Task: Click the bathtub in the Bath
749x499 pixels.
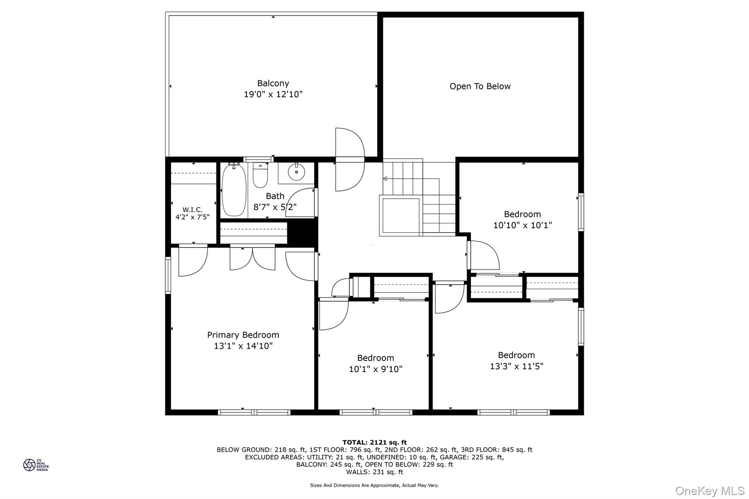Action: tap(234, 190)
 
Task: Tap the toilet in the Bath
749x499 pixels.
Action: tap(260, 175)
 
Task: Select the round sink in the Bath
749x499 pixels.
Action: tap(296, 172)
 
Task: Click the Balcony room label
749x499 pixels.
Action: tap(273, 83)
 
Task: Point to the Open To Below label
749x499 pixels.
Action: tap(480, 86)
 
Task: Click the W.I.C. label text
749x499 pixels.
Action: tap(192, 210)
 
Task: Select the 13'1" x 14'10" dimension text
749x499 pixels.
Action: tap(243, 346)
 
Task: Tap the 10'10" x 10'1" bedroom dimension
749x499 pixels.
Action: tap(522, 225)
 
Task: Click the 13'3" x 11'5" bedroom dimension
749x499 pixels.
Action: tap(516, 366)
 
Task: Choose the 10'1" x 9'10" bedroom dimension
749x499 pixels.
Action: tap(376, 369)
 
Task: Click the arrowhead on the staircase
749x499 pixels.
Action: tap(385, 179)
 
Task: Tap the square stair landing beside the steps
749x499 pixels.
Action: tap(401, 215)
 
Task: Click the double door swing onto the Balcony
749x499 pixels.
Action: tap(350, 159)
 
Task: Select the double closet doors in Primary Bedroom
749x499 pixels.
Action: tap(252, 258)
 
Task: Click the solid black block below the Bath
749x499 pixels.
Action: tap(302, 233)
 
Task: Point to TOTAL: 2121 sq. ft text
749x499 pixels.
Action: tap(374, 442)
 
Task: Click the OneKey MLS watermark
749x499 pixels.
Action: tap(710, 491)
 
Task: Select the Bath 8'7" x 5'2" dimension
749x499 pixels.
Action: tap(275, 207)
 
